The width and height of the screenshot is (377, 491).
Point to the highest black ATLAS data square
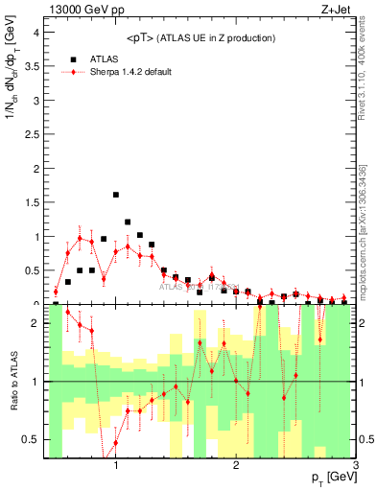point(116,195)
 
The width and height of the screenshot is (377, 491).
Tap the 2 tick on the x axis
point(236,467)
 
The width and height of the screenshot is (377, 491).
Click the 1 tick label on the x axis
point(116,467)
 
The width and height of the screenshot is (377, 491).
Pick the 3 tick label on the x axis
point(356,467)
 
